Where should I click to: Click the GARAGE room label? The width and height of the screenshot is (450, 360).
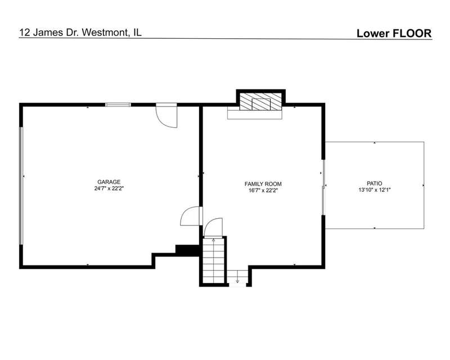tap(109, 182)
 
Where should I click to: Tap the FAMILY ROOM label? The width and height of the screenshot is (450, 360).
tap(263, 184)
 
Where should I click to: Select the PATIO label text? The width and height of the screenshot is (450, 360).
tap(375, 183)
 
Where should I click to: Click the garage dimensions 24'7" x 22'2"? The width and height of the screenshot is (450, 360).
tap(109, 188)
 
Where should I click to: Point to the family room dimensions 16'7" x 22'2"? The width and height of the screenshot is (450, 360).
tap(263, 190)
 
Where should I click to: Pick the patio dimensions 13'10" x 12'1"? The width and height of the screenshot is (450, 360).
tap(375, 190)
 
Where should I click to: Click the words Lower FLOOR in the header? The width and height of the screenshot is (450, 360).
tap(394, 33)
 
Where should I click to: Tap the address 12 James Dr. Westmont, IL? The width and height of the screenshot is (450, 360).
tap(80, 33)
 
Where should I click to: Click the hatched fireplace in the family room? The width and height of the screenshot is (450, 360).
tap(260, 101)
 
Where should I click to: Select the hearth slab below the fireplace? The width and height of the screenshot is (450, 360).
tap(255, 115)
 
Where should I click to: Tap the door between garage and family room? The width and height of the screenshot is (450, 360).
tap(190, 216)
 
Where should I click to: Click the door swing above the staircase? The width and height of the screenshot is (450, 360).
tap(213, 227)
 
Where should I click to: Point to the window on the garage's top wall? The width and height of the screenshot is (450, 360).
tap(118, 105)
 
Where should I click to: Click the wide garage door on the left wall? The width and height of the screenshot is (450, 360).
tap(21, 186)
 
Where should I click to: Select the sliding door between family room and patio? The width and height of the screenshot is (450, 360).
tap(323, 187)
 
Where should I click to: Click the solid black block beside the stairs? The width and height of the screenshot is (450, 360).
tap(187, 249)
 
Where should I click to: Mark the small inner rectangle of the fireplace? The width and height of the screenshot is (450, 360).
tap(261, 104)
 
